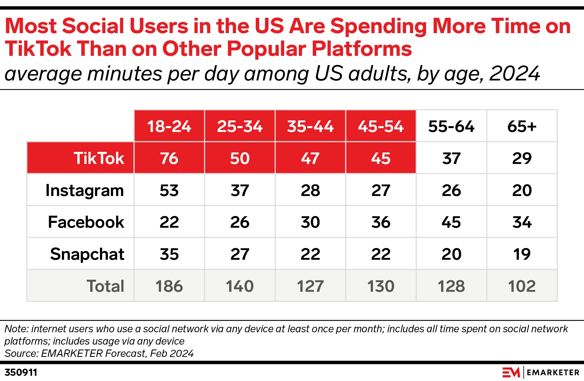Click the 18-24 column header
coord(169,126)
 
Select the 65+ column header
coord(522,126)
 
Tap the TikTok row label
coord(99,158)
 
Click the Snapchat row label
coord(87,254)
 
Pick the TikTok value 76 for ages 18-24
coord(169,158)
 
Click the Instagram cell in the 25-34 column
coord(240,190)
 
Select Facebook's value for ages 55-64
coord(451,222)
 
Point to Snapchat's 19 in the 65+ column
coord(522,254)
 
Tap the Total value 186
coord(169,286)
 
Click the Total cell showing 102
coord(522,286)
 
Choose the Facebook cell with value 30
coord(310,222)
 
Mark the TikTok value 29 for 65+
coord(522,158)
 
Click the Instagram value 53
coord(169,190)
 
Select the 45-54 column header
coord(381,126)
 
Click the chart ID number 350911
coord(21,373)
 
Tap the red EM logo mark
coord(511,373)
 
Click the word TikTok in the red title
coord(38,49)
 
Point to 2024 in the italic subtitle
coord(514,74)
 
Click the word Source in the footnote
coord(21,353)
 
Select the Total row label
coord(105,286)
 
